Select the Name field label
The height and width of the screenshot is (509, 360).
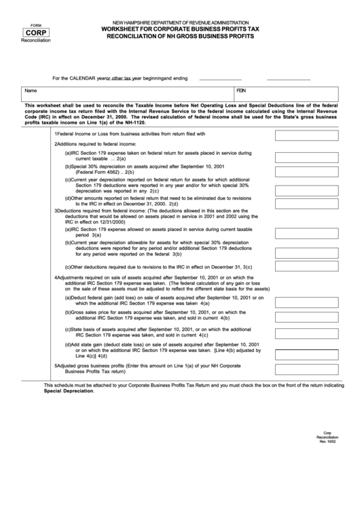[30, 90]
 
